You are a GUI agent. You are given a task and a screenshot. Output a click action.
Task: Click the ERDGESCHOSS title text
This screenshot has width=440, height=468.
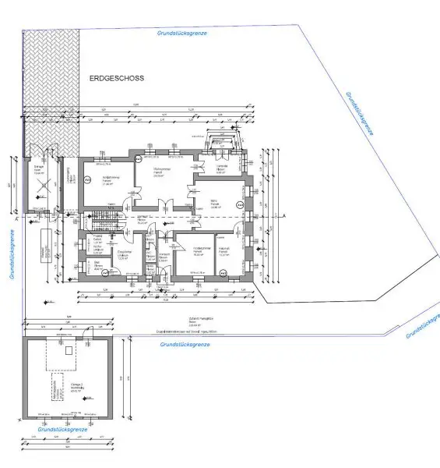point(117,79)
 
